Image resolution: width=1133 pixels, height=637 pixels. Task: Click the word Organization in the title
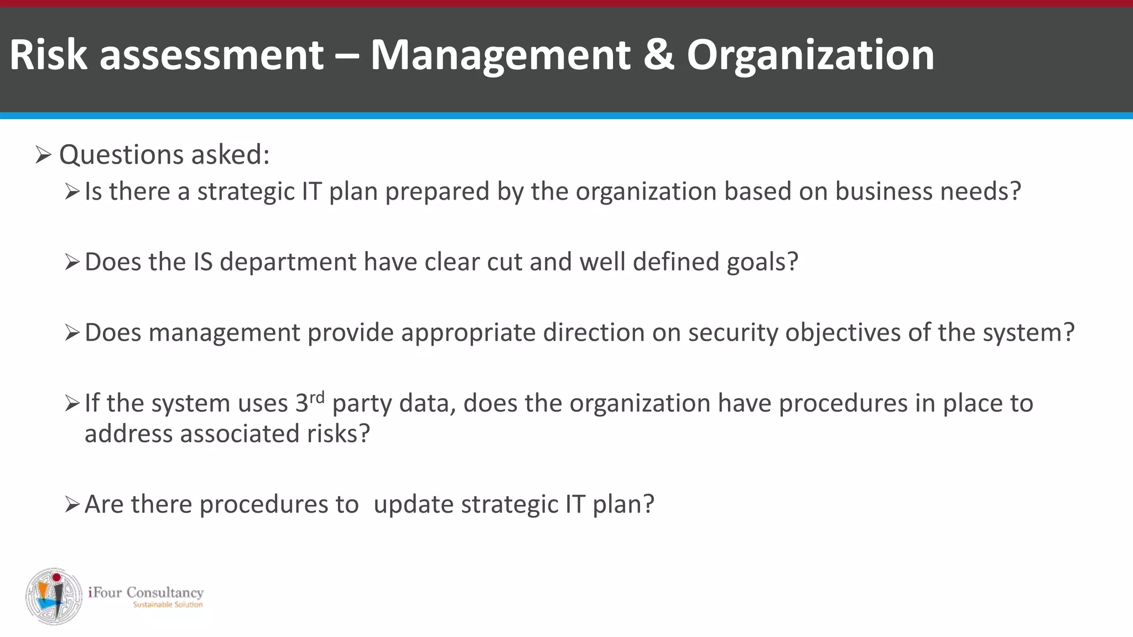tap(810, 56)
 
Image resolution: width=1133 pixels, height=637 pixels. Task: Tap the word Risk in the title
tap(48, 55)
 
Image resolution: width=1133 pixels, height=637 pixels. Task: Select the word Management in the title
tap(500, 56)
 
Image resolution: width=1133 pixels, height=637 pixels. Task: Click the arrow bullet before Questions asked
tap(43, 155)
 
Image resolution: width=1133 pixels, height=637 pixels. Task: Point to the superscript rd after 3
tap(317, 397)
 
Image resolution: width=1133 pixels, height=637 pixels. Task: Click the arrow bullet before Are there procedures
tap(72, 505)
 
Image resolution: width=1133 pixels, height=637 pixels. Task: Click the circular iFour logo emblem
tap(54, 596)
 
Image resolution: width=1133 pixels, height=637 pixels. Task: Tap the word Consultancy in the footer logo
tap(165, 593)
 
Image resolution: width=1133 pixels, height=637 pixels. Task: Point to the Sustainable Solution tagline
tap(168, 605)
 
